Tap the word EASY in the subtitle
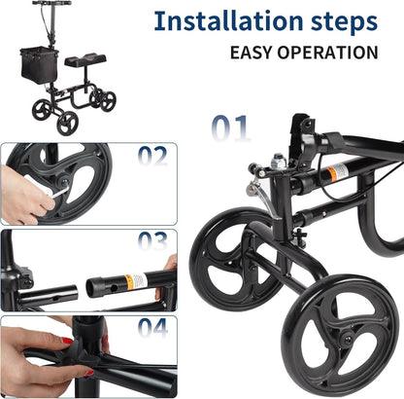click(x=253, y=53)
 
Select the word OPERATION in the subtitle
click(x=331, y=53)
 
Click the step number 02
click(x=152, y=155)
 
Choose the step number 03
click(x=152, y=240)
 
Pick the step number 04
click(x=152, y=328)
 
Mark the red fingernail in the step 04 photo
click(x=67, y=342)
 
